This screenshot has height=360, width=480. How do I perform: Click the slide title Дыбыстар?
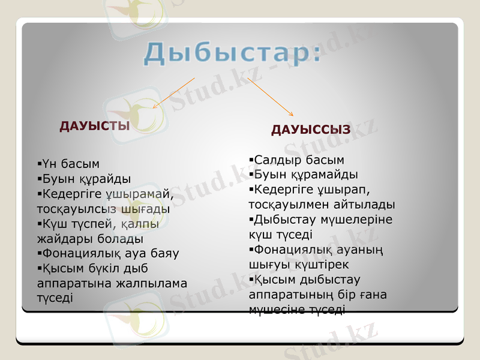pos(232,53)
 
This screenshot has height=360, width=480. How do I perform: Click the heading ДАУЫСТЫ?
pos(94,126)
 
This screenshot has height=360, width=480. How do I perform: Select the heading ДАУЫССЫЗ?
pos(310,130)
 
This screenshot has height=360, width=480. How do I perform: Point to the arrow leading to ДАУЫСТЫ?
pos(173,93)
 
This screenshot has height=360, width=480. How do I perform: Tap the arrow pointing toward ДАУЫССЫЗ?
pos(271,97)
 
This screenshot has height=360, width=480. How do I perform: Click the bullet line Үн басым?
pos(68,163)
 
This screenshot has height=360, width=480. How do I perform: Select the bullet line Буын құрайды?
pos(84,179)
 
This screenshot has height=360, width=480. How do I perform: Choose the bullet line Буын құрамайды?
pos(304,175)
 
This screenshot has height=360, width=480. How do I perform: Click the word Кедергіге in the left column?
pos(70,194)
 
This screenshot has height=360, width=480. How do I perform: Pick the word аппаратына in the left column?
pos(71,283)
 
